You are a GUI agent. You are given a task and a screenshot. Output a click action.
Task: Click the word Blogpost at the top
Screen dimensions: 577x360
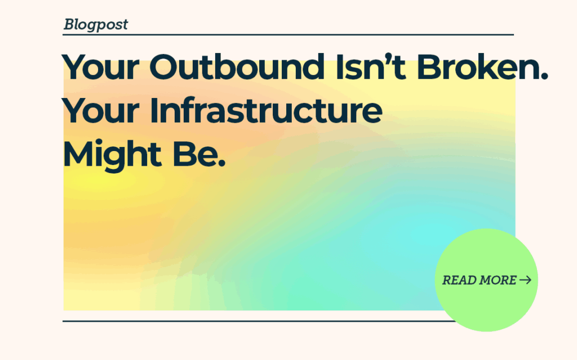pyautogui.click(x=96, y=25)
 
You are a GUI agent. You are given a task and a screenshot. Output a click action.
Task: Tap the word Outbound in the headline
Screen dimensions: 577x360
pyautogui.click(x=237, y=66)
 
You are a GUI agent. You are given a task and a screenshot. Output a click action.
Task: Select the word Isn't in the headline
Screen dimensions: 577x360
pyautogui.click(x=371, y=66)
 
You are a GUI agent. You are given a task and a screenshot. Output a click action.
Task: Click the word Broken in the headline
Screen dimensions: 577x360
pyautogui.click(x=478, y=66)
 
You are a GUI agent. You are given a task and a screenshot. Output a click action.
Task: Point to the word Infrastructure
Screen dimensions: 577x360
pyautogui.click(x=266, y=110)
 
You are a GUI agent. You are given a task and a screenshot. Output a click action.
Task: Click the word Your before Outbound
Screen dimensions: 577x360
pyautogui.click(x=100, y=66)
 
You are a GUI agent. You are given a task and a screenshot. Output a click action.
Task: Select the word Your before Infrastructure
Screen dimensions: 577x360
pyautogui.click(x=100, y=110)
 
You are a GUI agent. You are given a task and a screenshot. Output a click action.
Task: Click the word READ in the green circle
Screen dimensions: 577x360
pyautogui.click(x=459, y=280)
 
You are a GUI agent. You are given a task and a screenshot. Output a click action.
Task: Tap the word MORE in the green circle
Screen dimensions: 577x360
pyautogui.click(x=498, y=280)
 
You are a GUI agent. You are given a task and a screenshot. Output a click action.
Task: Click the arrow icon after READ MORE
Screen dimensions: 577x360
pyautogui.click(x=525, y=280)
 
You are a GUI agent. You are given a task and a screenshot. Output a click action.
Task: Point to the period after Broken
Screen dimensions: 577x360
pyautogui.click(x=545, y=77)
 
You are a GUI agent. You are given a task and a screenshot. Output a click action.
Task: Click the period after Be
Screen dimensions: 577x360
pyautogui.click(x=221, y=163)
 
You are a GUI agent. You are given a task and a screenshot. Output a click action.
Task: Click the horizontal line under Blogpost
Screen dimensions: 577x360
pyautogui.click(x=288, y=35)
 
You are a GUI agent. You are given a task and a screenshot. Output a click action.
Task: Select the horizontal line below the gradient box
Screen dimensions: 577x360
pyautogui.click(x=259, y=321)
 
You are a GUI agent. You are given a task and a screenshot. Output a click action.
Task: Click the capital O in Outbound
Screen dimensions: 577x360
pyautogui.click(x=163, y=66)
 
